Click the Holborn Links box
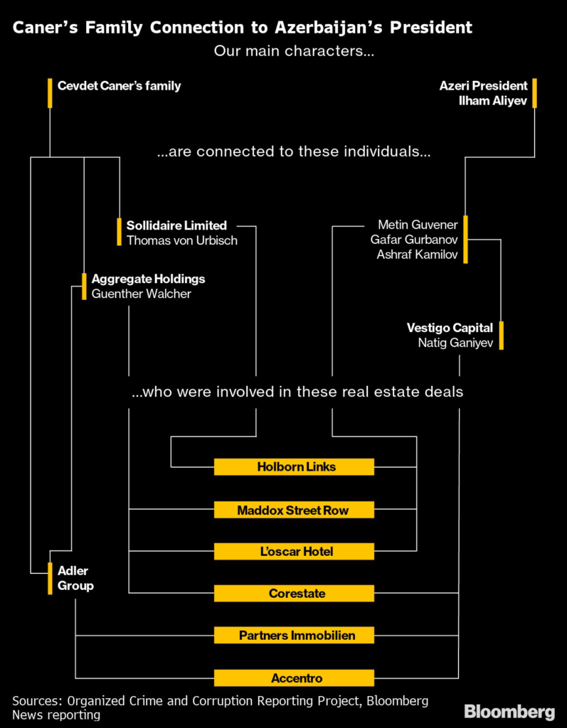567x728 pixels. coord(294,466)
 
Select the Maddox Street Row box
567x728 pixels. coord(294,510)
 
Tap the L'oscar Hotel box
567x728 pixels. coord(294,551)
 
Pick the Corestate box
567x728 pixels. coord(294,593)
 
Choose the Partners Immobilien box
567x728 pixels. coord(294,635)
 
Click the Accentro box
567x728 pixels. coord(294,678)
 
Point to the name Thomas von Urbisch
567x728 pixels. coord(181,240)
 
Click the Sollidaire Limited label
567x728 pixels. coord(176,225)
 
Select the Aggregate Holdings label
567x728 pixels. coord(148,279)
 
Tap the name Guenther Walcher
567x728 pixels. coord(142,294)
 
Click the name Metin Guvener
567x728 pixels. coord(418,225)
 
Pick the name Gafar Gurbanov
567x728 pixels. coord(414,240)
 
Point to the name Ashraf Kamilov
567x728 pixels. coord(418,255)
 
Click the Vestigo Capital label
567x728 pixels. coord(450,328)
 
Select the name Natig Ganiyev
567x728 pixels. coord(455,343)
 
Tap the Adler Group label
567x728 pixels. coord(75,578)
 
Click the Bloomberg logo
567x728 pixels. coord(509,712)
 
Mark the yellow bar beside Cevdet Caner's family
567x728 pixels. coord(50,93)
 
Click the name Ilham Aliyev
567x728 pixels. coord(493,101)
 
